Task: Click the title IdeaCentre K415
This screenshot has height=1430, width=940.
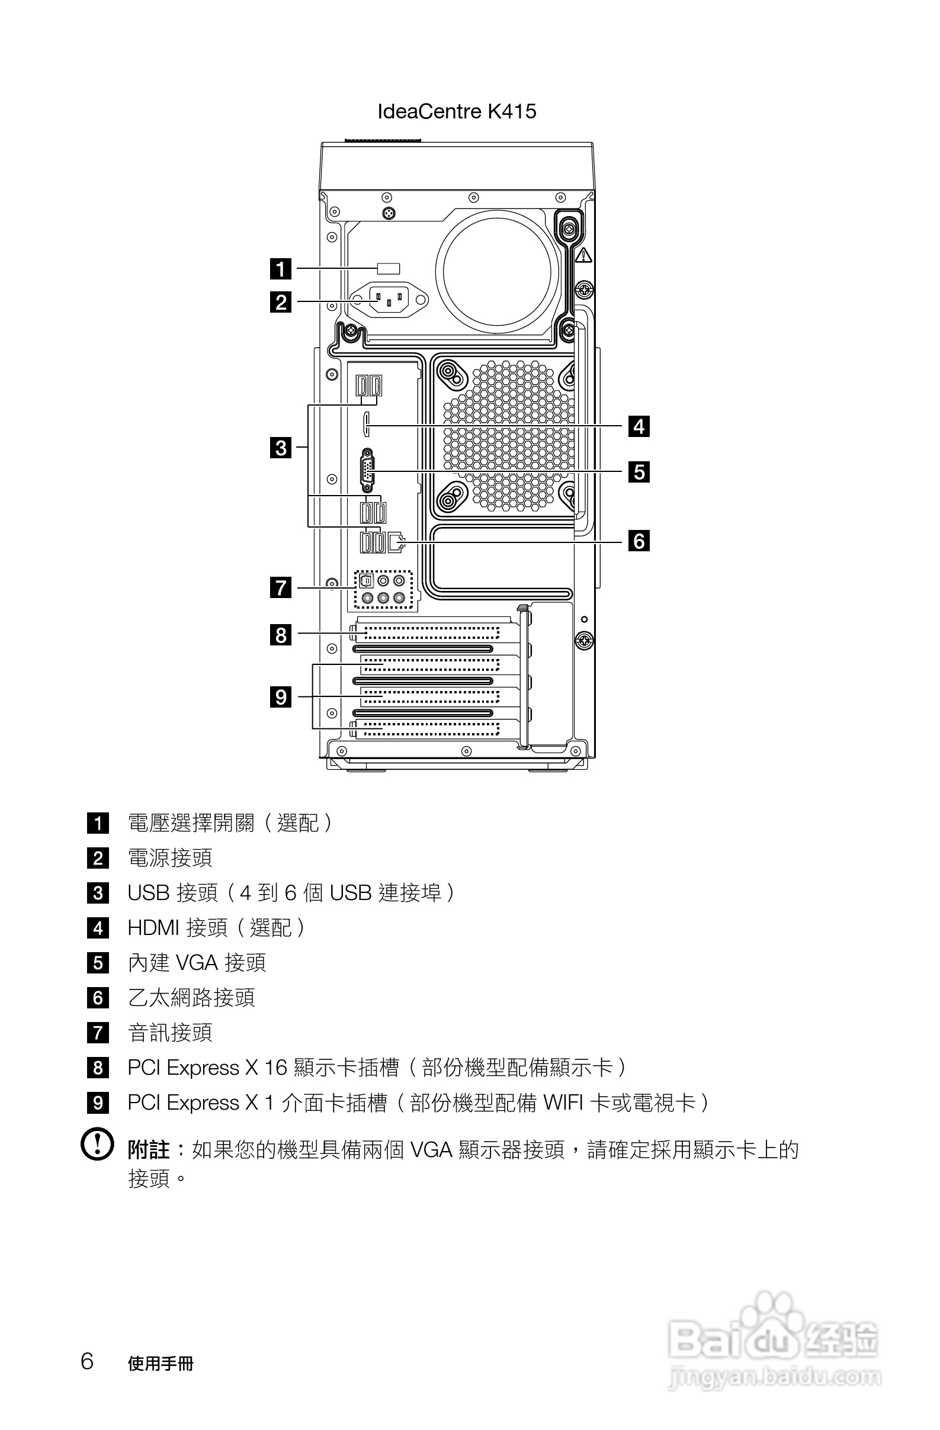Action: coord(457,111)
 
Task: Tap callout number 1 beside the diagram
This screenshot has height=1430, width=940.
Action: coord(281,269)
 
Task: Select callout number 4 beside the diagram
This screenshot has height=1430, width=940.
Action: coord(639,426)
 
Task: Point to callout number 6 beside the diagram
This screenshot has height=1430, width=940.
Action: coord(639,541)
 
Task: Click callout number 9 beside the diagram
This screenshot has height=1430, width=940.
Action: coord(281,697)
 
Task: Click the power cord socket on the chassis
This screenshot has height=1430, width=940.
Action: coord(389,298)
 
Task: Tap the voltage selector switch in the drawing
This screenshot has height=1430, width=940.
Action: coord(389,269)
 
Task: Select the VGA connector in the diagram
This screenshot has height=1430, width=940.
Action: coord(367,471)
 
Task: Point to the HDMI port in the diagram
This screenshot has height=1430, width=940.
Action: coord(366,424)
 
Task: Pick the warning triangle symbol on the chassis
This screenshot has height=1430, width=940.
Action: coord(583,256)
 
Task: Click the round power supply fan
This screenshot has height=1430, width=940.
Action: coord(497,271)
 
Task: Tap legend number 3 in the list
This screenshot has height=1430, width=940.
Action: coord(98,893)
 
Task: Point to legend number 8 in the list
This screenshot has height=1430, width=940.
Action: coord(98,1068)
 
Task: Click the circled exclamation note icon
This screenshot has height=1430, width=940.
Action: coord(97,1145)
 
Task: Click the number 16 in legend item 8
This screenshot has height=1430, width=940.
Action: coord(276,1068)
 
